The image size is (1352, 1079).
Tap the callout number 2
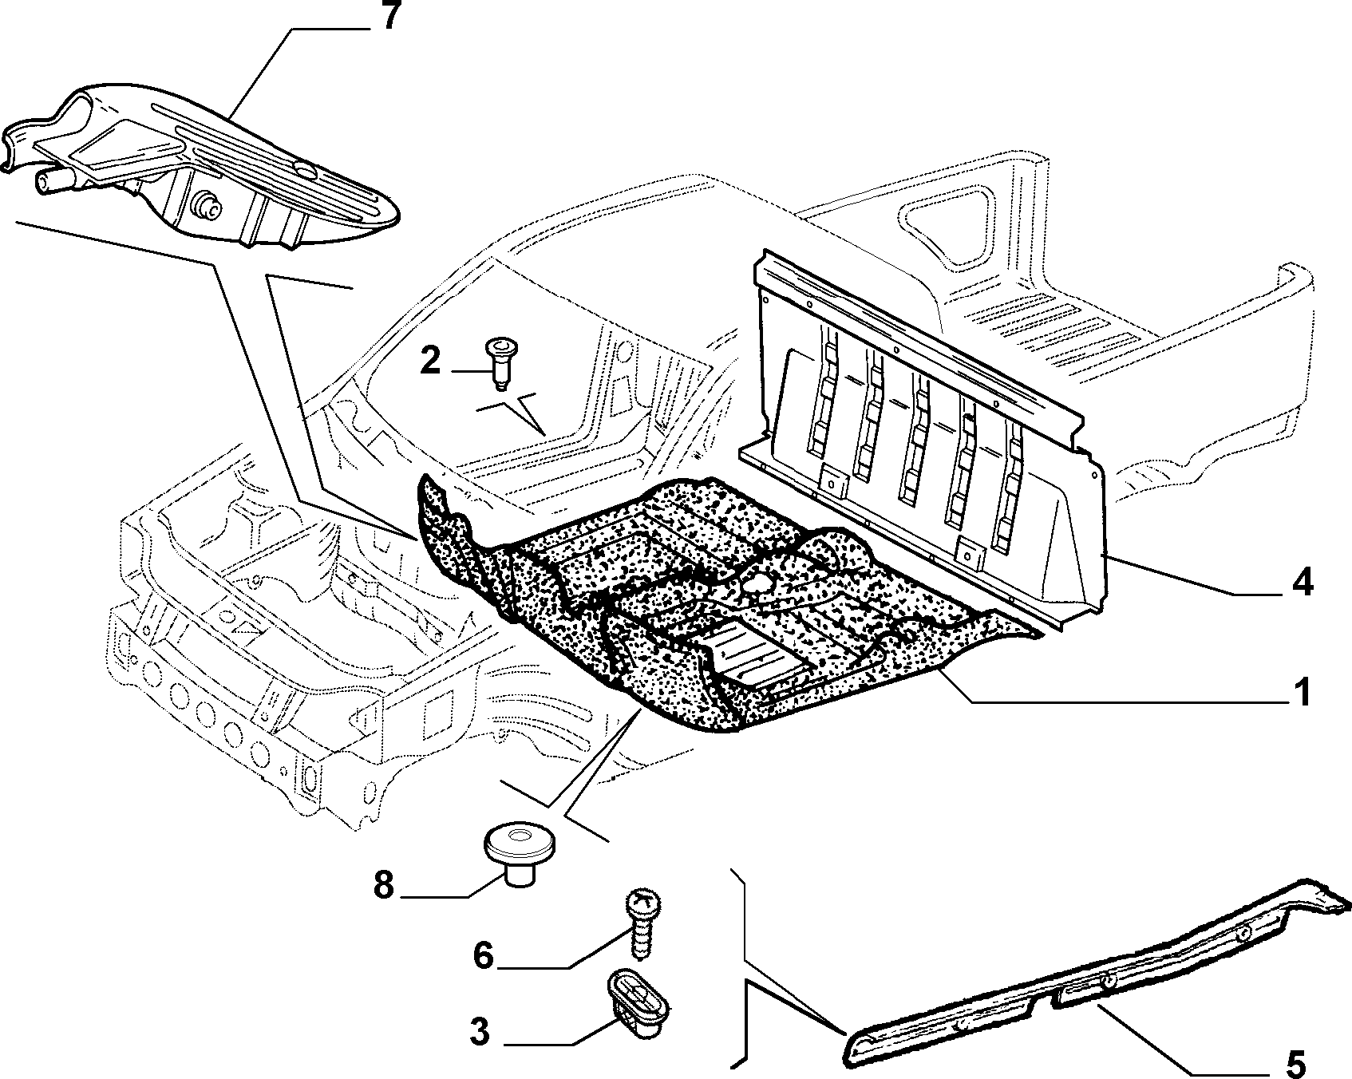(429, 362)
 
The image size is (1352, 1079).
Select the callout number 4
(1301, 583)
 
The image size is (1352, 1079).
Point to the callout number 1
(1302, 692)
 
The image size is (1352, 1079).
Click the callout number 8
(384, 884)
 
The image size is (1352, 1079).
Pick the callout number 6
(484, 955)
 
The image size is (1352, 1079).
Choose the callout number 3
(479, 1032)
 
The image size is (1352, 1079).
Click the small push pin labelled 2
(499, 362)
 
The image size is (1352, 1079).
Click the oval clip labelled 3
(639, 1003)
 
